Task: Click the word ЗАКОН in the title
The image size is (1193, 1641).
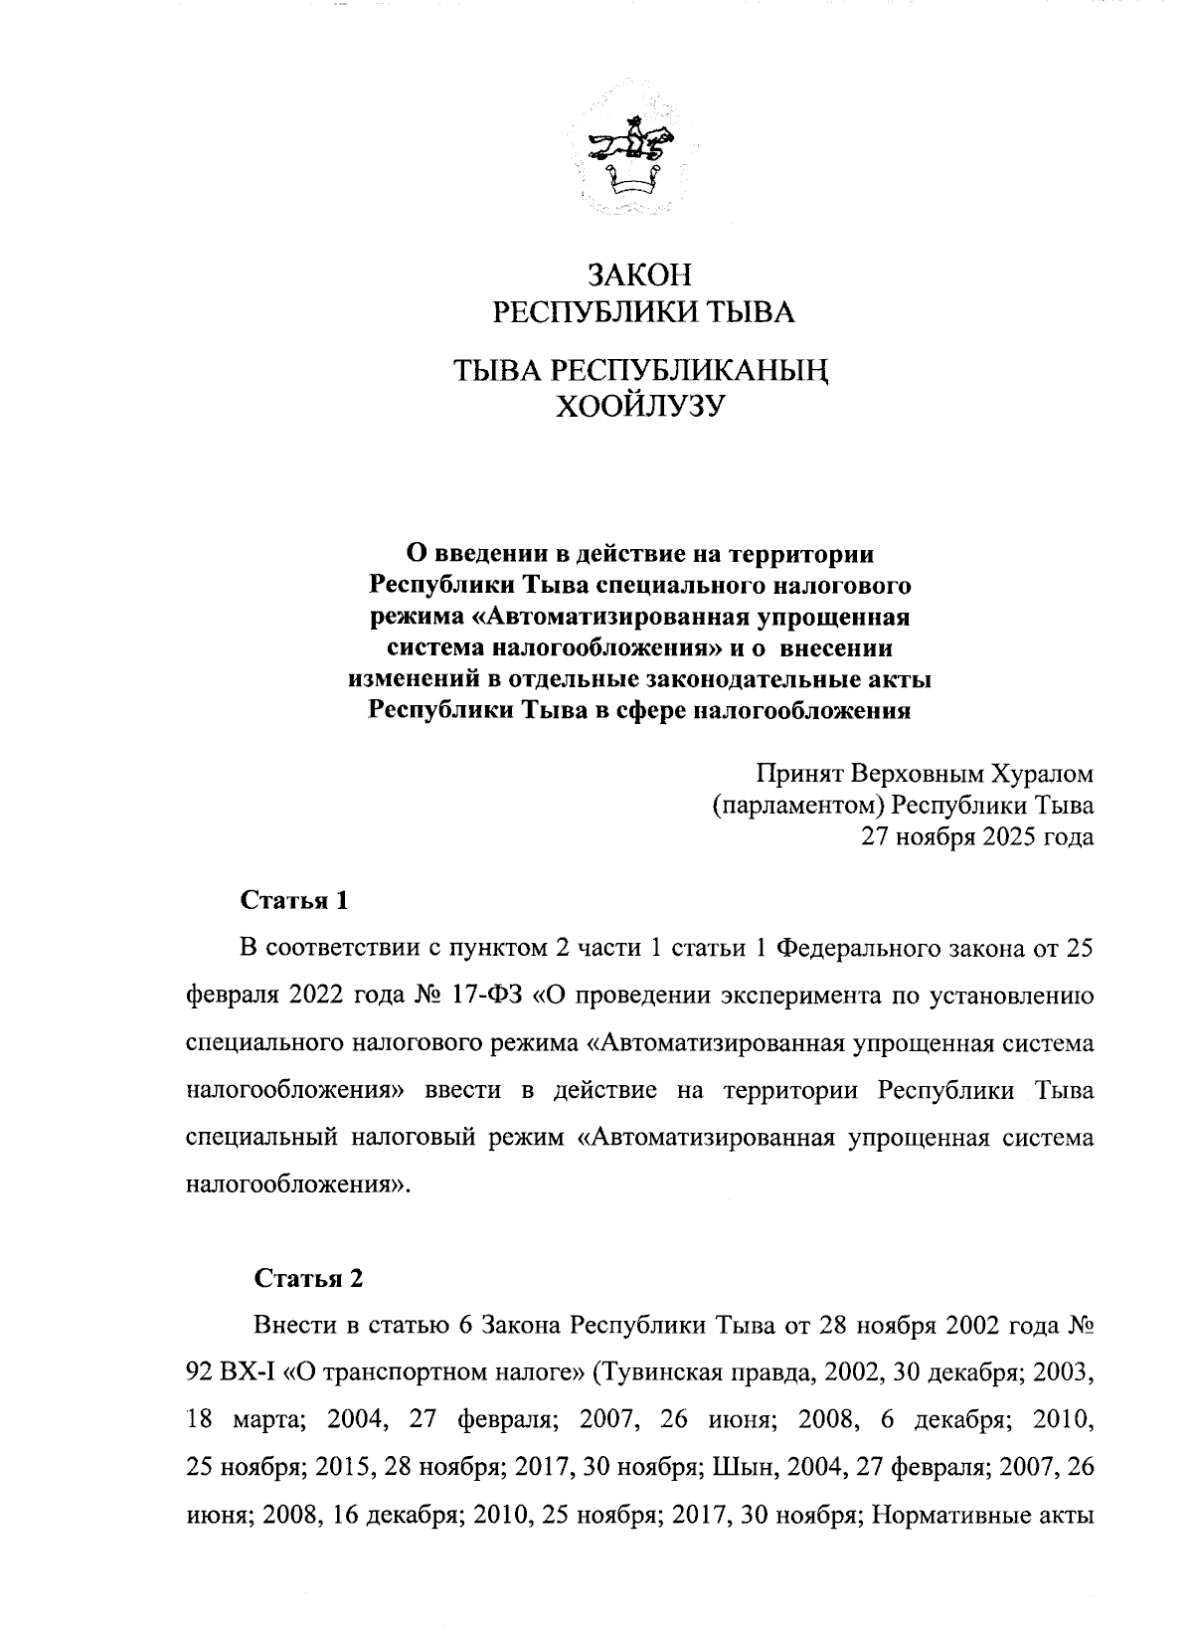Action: (639, 275)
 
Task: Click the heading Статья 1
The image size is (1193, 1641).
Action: (294, 902)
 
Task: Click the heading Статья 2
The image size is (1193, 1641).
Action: (308, 1279)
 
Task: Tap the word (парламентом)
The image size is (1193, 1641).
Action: (797, 805)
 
